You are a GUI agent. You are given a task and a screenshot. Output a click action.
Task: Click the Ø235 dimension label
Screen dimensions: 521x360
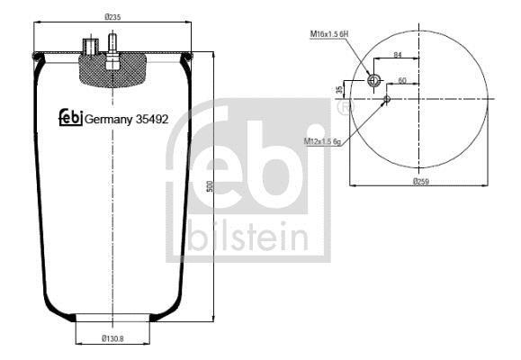(x=112, y=17)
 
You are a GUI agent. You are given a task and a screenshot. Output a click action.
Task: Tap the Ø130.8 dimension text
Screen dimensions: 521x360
(x=112, y=338)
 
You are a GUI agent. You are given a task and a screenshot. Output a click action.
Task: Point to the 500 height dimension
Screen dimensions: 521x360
(x=210, y=186)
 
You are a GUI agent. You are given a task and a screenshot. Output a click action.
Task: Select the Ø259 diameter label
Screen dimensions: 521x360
(x=421, y=182)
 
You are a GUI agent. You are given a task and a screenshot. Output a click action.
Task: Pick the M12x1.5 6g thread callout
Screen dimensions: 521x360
(x=323, y=141)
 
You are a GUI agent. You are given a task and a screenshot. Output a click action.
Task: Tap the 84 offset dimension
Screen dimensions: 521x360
(x=398, y=55)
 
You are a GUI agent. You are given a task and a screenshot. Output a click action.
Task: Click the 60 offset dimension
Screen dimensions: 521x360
(x=402, y=80)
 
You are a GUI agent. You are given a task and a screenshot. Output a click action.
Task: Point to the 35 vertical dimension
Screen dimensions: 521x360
(x=339, y=89)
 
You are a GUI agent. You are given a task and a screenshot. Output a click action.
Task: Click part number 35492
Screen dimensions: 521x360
(x=152, y=119)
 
